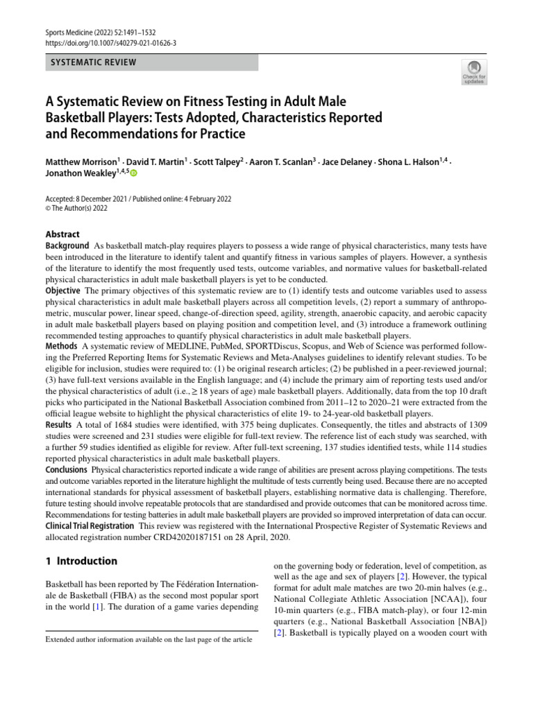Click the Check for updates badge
(474, 71)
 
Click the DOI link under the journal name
(111, 43)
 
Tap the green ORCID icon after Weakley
(134, 173)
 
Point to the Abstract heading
(62, 234)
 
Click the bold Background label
(67, 246)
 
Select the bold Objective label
(63, 291)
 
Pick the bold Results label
(59, 424)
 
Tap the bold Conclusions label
(67, 469)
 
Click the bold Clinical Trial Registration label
(90, 526)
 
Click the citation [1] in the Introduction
(97, 607)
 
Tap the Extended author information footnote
(149, 639)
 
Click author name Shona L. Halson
(410, 162)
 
